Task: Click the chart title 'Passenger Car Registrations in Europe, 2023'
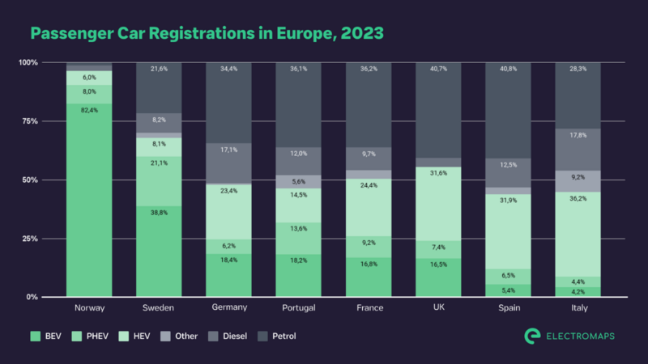point(207,32)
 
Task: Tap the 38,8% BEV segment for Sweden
point(159,251)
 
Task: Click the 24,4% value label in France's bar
point(369,184)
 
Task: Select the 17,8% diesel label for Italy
point(578,135)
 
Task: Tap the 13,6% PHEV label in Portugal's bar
point(299,228)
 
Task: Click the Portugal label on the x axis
point(299,308)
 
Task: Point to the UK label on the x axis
point(438,308)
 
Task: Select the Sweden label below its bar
point(159,308)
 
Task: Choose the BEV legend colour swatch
point(35,335)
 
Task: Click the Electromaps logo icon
point(532,335)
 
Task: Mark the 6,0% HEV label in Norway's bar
point(89,78)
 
